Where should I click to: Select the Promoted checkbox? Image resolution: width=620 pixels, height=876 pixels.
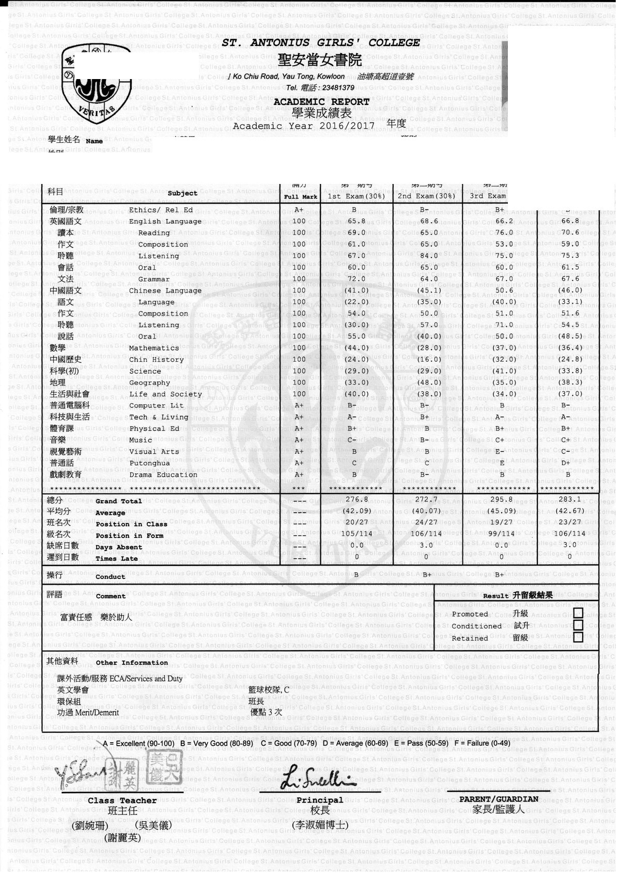(x=578, y=613)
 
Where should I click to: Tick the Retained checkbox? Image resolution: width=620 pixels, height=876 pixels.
(x=578, y=637)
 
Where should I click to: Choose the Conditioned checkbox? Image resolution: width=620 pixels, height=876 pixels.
(x=578, y=625)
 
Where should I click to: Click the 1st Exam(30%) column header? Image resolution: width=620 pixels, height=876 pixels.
(x=357, y=196)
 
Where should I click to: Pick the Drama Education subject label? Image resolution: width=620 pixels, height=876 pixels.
(x=163, y=475)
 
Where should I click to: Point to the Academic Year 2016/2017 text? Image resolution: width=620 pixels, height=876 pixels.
(x=304, y=126)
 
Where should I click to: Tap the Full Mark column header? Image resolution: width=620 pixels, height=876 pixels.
(x=300, y=197)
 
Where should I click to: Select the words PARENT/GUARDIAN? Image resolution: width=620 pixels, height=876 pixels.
(x=499, y=799)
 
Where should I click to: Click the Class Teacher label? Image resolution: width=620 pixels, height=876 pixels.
(x=122, y=801)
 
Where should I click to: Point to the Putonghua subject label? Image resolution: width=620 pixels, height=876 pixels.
(x=149, y=464)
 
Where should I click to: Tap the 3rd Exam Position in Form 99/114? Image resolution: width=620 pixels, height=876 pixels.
(x=501, y=534)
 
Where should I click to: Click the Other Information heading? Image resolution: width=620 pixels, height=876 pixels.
(x=132, y=663)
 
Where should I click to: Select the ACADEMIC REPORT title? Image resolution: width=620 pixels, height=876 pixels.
(x=321, y=102)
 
